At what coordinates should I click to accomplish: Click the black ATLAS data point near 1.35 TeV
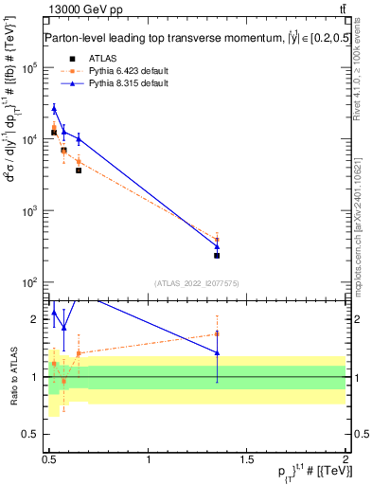click(218, 255)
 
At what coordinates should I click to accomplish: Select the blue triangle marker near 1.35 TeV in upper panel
click(218, 246)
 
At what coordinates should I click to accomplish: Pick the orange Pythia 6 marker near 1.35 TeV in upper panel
click(218, 240)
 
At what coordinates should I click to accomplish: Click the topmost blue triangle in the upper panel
click(54, 109)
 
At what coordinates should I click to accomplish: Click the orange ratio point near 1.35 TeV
click(218, 333)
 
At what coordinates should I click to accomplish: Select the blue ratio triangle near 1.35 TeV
click(218, 352)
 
